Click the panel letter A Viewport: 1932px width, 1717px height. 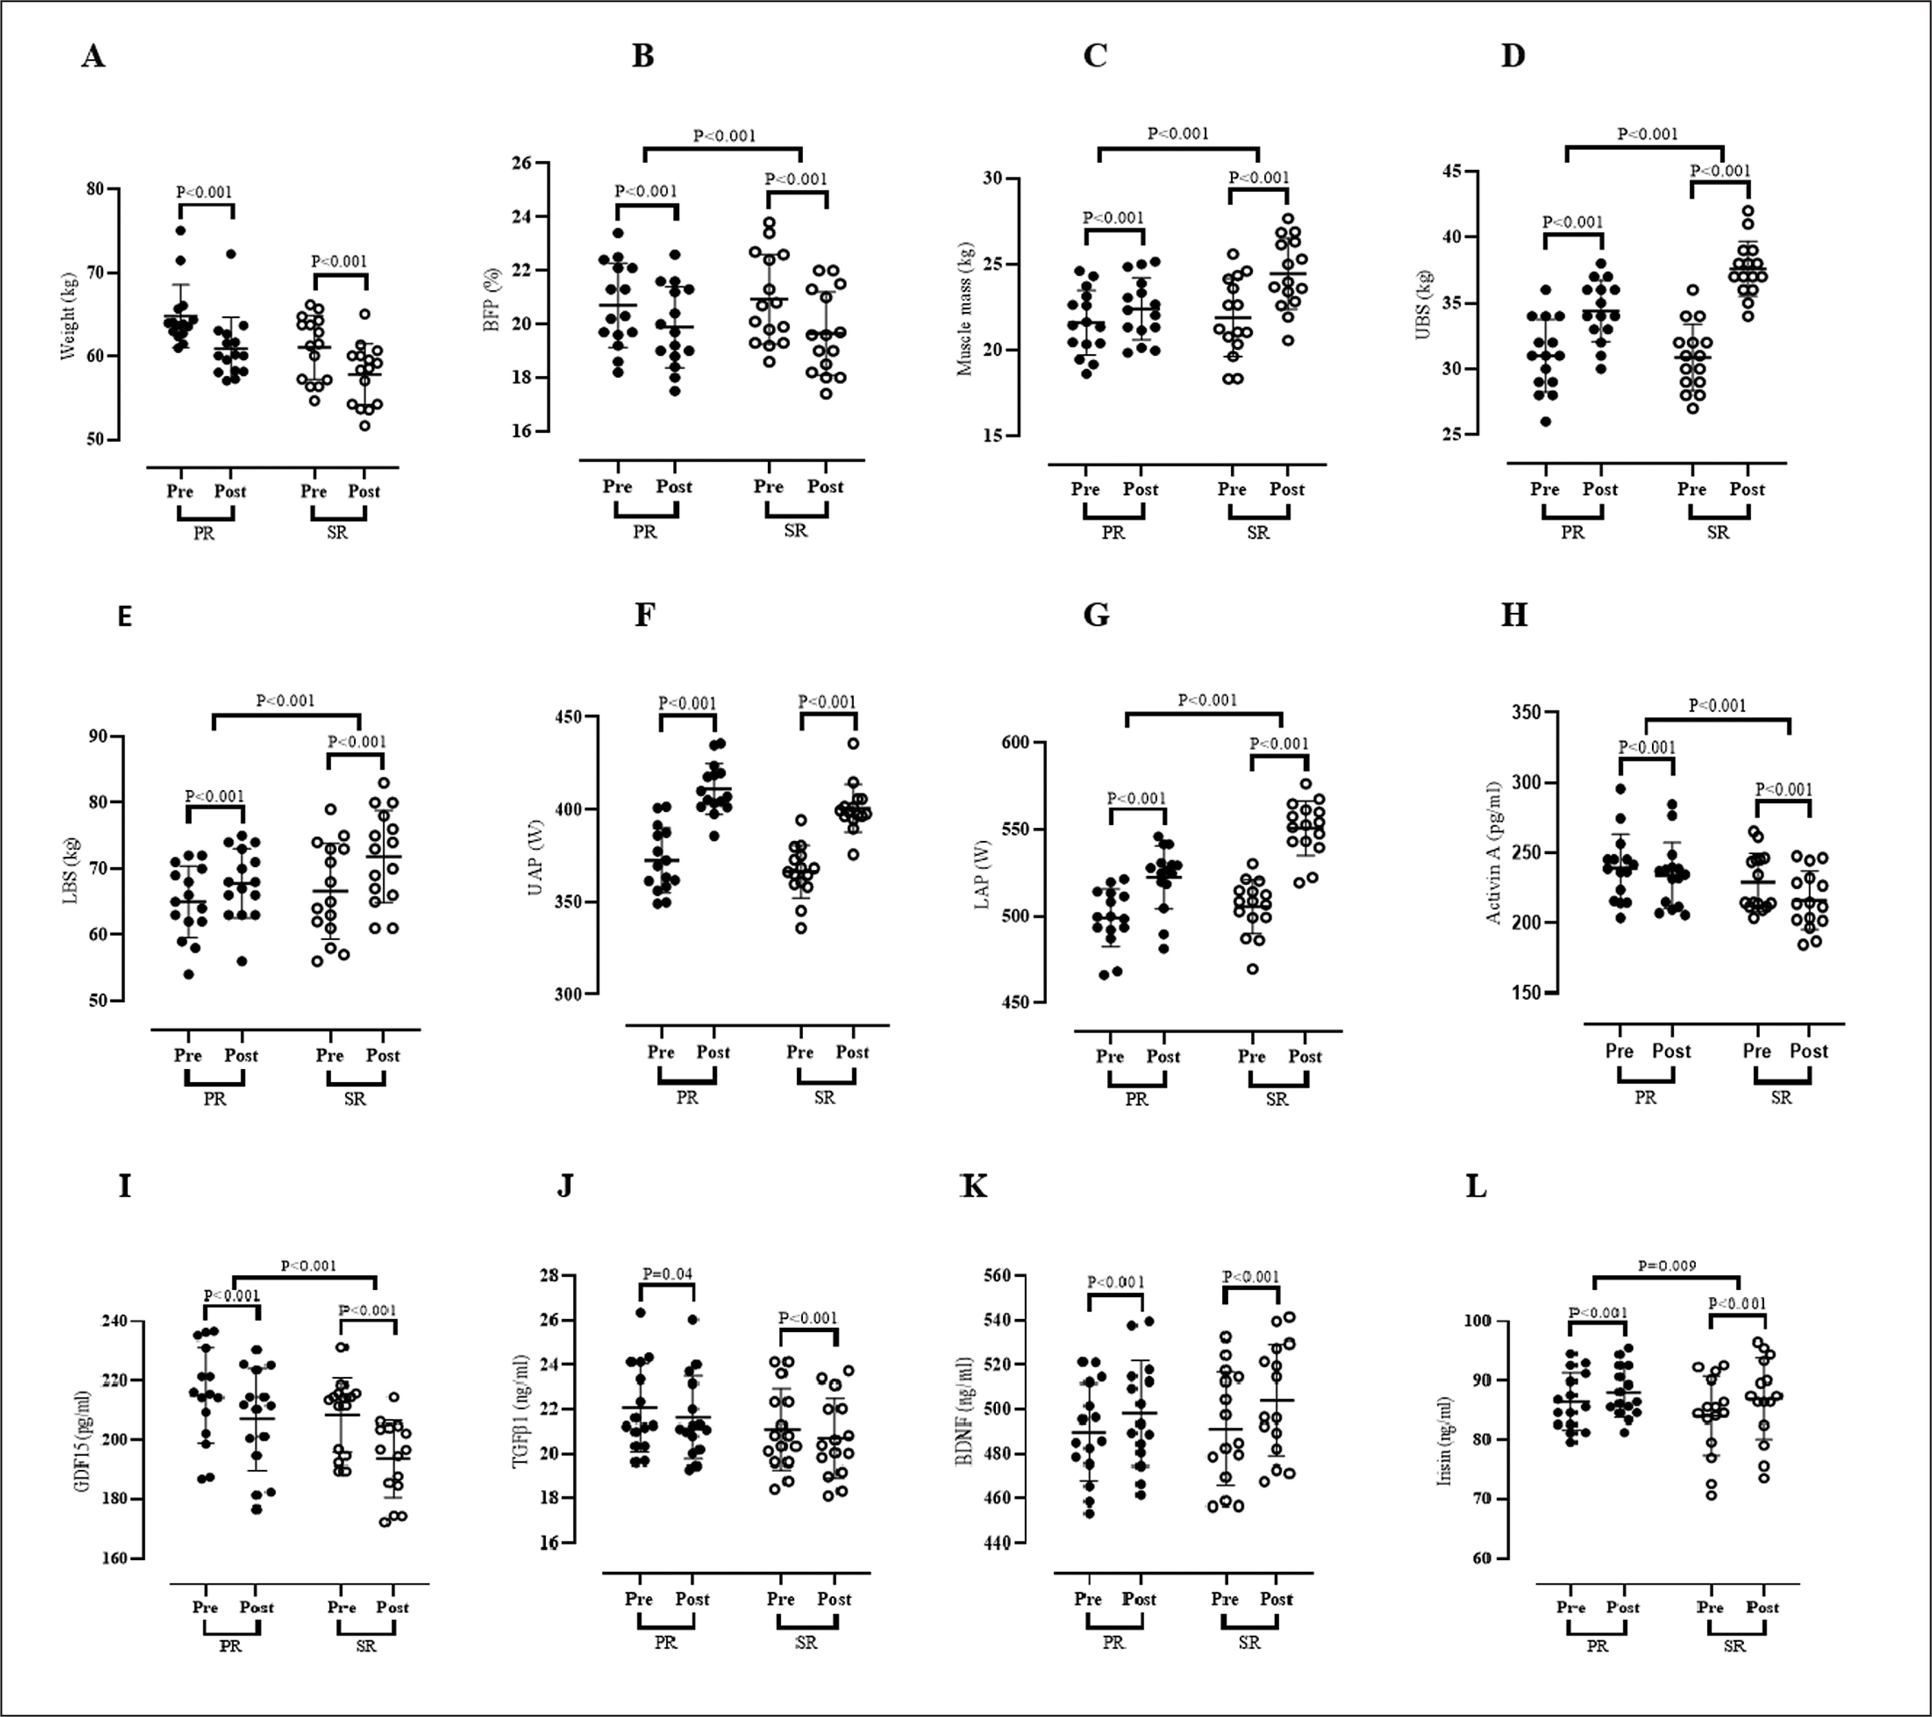click(93, 56)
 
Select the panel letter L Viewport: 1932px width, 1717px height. click(1475, 1186)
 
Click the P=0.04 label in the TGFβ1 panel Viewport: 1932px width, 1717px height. click(668, 1273)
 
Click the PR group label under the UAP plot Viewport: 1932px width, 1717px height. click(687, 1098)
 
